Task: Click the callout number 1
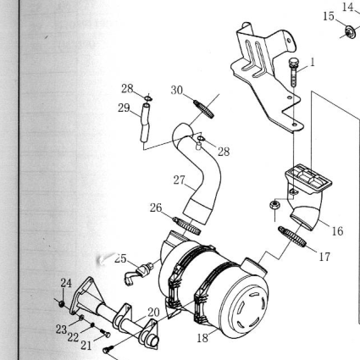click(x=312, y=62)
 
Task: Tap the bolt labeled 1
click(x=292, y=71)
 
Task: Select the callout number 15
click(x=329, y=16)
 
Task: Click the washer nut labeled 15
click(x=351, y=31)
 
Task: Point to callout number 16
click(x=337, y=231)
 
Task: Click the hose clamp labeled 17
click(x=292, y=236)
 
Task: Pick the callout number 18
click(x=202, y=337)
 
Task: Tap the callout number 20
click(x=153, y=313)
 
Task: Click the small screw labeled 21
click(x=105, y=334)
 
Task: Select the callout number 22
click(x=73, y=337)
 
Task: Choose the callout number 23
click(x=61, y=330)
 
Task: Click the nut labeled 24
click(x=61, y=304)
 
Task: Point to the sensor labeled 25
click(x=138, y=273)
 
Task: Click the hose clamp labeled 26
click(x=187, y=226)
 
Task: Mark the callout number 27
click(x=179, y=180)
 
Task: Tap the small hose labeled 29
click(x=145, y=123)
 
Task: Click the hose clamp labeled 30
click(x=204, y=109)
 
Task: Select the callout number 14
click(x=348, y=7)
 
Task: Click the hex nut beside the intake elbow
click(x=274, y=204)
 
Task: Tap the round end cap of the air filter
click(x=246, y=304)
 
